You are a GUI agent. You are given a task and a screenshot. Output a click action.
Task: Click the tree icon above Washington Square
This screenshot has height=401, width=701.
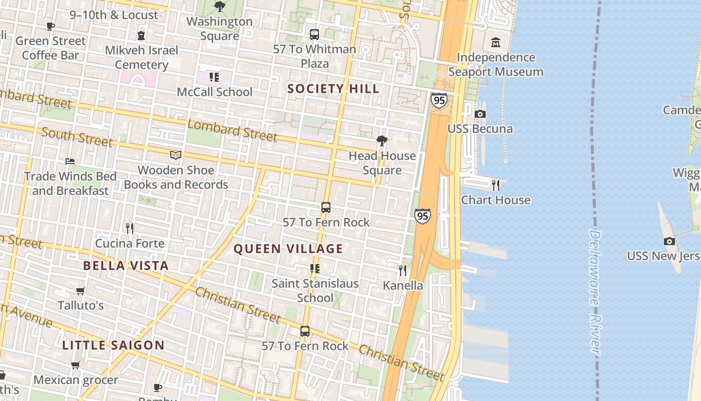[219, 7]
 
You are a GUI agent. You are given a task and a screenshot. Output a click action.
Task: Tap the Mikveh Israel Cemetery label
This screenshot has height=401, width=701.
[142, 57]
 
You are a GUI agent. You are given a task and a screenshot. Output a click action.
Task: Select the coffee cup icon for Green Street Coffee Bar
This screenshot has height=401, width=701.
[51, 26]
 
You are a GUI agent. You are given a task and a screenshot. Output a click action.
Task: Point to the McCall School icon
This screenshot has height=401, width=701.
[214, 77]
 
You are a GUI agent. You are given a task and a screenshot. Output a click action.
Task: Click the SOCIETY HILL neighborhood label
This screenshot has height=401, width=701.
[333, 89]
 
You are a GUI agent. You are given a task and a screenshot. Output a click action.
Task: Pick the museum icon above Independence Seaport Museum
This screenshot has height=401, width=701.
[496, 43]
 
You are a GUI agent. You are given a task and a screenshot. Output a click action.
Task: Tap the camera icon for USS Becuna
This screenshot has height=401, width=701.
[480, 114]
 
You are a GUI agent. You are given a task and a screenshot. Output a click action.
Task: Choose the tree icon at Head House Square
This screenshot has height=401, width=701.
[382, 141]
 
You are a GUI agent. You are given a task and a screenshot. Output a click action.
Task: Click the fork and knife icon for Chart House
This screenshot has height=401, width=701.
[496, 185]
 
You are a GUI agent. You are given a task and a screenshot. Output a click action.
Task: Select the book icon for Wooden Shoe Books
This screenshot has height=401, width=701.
[176, 155]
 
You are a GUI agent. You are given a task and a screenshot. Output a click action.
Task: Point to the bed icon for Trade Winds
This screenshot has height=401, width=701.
[70, 161]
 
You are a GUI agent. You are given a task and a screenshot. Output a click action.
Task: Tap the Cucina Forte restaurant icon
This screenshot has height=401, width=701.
[130, 229]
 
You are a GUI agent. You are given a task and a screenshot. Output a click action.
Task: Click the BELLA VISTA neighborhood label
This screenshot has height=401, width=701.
[126, 266]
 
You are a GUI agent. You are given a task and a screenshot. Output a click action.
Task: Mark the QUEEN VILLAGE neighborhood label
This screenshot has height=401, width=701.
[288, 249]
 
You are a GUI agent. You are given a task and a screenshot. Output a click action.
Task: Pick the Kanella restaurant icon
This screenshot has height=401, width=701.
[403, 271]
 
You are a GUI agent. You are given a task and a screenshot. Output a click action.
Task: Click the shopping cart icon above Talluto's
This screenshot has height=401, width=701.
[81, 291]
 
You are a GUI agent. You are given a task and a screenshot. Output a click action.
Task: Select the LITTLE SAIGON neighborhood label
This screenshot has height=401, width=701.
[113, 345]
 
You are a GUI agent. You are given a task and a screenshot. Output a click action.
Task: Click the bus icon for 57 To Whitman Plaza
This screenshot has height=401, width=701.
[314, 35]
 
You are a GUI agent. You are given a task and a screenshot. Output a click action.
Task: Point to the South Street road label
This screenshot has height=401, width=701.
[77, 137]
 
